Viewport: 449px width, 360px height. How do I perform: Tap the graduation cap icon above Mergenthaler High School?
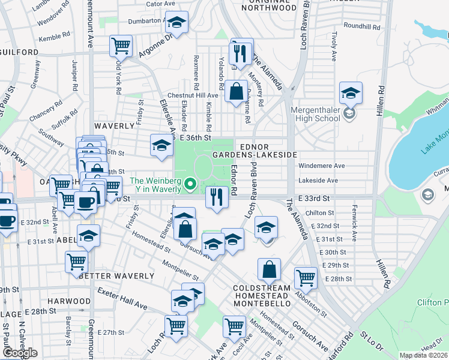pos(351,94)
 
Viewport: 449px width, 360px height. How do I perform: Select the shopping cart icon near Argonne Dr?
pos(121,45)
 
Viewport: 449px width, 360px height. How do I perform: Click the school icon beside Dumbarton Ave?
pos(176,23)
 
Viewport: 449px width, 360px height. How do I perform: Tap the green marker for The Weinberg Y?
pos(191,184)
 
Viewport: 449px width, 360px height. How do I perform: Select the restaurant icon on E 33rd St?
pos(217,196)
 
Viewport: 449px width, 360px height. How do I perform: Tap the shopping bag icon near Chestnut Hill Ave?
pos(236,92)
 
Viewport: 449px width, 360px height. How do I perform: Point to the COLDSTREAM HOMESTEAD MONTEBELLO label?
pos(262,296)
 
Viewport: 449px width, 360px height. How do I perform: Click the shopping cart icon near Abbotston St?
pos(306,278)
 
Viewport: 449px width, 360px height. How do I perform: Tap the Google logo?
pos(20,353)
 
